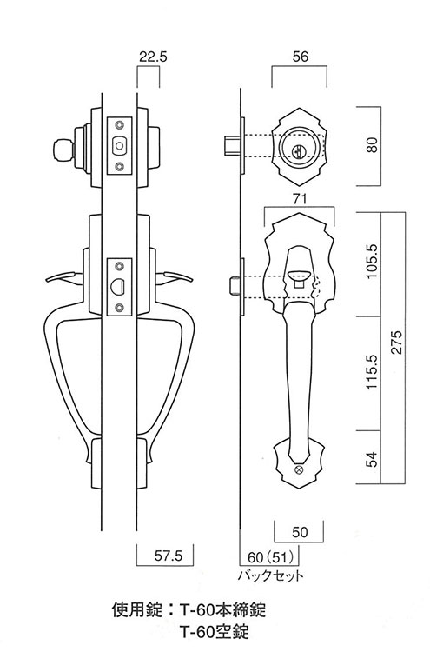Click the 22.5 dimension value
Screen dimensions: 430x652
[x=153, y=57]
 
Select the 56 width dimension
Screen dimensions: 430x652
[x=300, y=57]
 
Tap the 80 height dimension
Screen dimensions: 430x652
[x=373, y=144]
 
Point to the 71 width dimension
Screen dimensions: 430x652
[x=299, y=199]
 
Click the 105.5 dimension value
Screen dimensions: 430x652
[x=372, y=262]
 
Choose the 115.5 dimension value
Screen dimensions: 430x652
[x=372, y=372]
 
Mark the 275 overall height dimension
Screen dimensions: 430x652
[x=397, y=342]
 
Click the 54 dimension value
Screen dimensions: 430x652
[x=373, y=459]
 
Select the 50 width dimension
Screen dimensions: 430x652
[x=300, y=532]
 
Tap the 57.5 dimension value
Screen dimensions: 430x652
[x=168, y=556]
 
